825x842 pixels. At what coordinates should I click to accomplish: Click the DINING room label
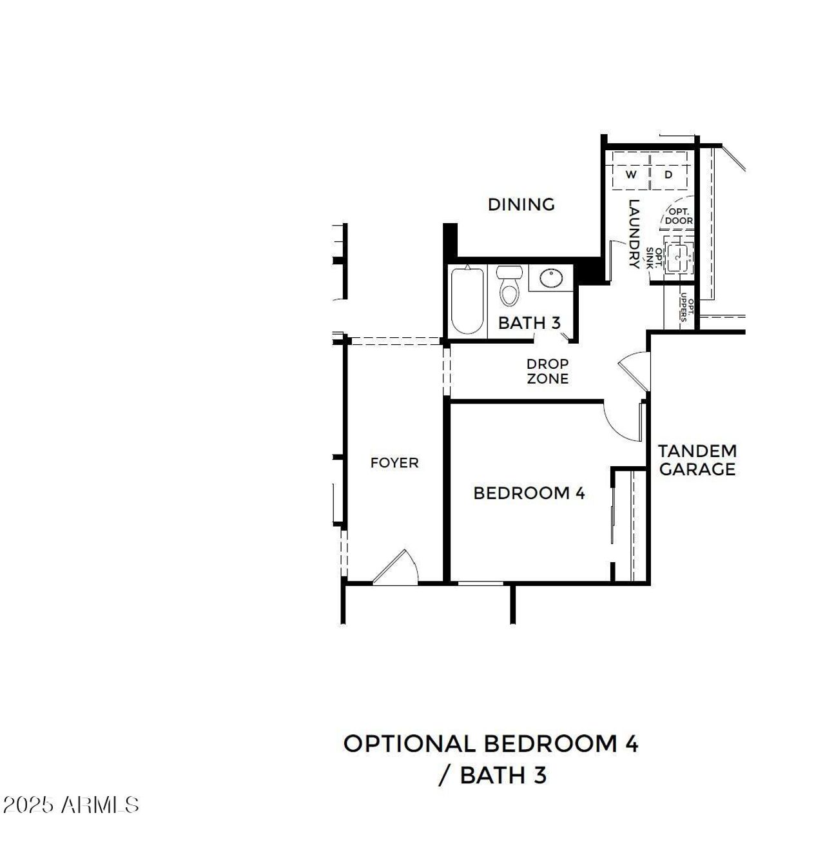pyautogui.click(x=521, y=204)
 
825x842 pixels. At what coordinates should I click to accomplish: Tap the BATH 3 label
pyautogui.click(x=529, y=322)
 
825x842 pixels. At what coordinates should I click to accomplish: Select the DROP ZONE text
pyautogui.click(x=547, y=371)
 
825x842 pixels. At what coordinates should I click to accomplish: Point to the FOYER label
pyautogui.click(x=394, y=463)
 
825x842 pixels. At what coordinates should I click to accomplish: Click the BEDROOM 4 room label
pyautogui.click(x=529, y=493)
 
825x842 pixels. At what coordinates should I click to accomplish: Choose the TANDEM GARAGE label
pyautogui.click(x=697, y=460)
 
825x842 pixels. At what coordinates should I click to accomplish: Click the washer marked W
pyautogui.click(x=630, y=175)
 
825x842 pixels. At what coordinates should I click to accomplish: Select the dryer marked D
pyautogui.click(x=669, y=175)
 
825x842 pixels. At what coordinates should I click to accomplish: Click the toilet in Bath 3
pyautogui.click(x=509, y=287)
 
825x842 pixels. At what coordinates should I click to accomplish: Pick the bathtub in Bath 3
pyautogui.click(x=467, y=300)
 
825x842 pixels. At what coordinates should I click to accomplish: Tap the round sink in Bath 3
pyautogui.click(x=551, y=279)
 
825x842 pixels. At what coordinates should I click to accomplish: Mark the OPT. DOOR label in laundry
pyautogui.click(x=679, y=216)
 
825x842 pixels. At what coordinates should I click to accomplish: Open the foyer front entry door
pyautogui.click(x=396, y=569)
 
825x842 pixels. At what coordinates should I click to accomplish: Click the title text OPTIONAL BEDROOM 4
pyautogui.click(x=490, y=743)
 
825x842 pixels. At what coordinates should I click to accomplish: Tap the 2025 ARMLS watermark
pyautogui.click(x=71, y=805)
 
